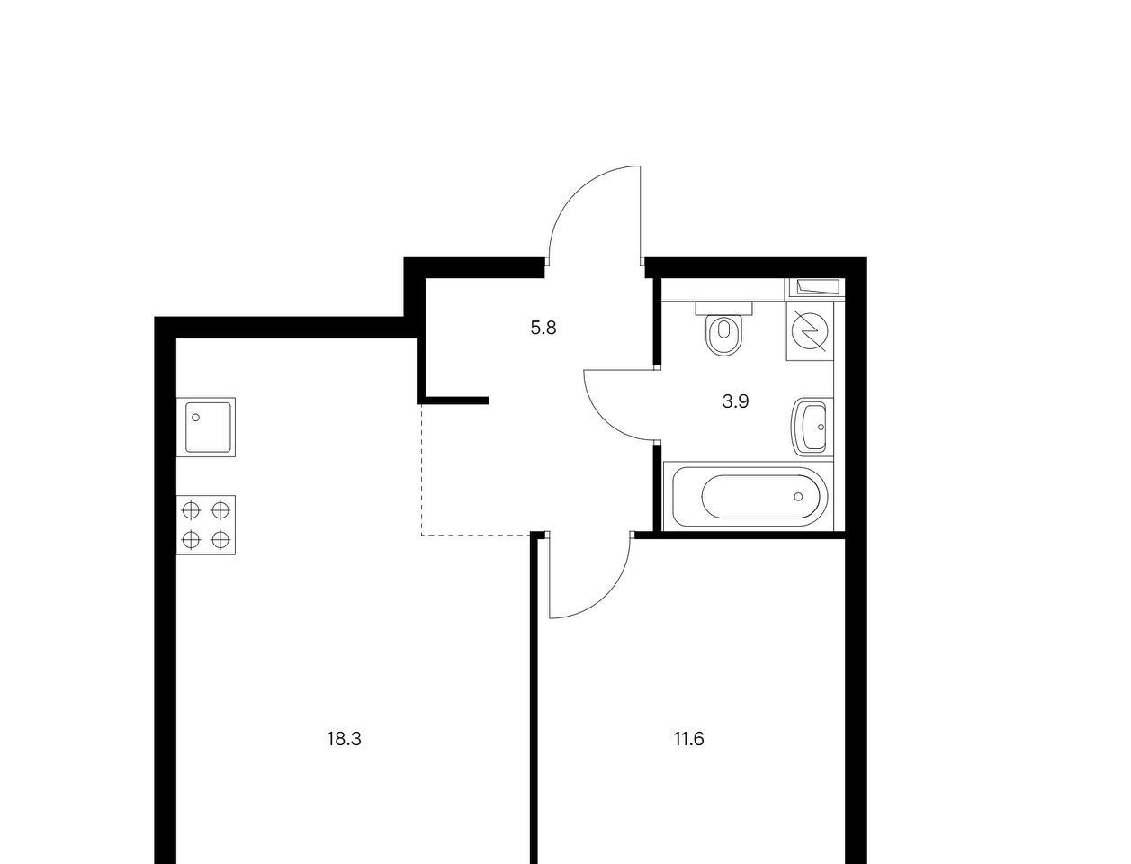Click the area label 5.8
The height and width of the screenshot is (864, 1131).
coord(543,328)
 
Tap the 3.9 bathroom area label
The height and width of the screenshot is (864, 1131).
coord(735,400)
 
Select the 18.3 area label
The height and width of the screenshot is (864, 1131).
coord(344,739)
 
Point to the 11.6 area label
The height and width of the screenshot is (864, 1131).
coord(689,739)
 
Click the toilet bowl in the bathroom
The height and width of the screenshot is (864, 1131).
coord(723,335)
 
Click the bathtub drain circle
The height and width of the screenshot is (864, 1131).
coord(798,497)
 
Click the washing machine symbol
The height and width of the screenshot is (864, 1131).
coord(810,331)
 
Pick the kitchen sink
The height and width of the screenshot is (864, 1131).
coord(206,427)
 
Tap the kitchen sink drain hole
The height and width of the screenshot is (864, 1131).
coord(195,418)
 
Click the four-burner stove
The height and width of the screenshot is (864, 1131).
coord(206,525)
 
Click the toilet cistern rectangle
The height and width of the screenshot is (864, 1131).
coord(723,308)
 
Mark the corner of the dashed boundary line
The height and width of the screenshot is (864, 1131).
coord(421,535)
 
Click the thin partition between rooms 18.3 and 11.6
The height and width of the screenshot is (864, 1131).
coord(534,698)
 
